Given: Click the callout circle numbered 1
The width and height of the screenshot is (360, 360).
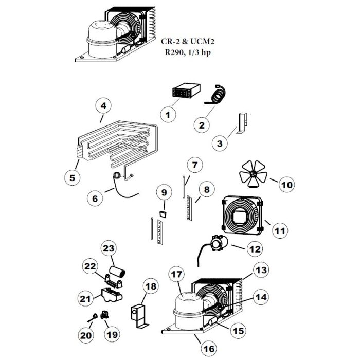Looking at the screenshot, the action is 168,115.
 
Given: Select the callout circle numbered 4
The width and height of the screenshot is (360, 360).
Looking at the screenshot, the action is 103,106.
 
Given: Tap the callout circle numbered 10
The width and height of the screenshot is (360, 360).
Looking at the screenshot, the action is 287,184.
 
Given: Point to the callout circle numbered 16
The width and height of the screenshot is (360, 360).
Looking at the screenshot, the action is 209,349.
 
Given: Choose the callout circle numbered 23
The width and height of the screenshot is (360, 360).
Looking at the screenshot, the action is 109,248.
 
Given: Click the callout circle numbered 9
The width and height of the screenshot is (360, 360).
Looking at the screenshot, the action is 164,192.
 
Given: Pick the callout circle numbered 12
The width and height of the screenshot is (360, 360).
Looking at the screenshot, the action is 255,249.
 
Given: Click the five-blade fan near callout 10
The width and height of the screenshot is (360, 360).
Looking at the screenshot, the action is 253,174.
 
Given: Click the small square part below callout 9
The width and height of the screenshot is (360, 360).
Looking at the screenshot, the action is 163,214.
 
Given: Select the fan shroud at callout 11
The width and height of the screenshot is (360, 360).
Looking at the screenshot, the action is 242,215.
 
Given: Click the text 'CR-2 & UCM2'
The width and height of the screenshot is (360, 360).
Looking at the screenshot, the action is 188,42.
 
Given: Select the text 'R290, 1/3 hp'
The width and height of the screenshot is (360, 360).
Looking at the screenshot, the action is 188,52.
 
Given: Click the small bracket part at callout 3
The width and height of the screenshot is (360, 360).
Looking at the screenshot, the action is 242,123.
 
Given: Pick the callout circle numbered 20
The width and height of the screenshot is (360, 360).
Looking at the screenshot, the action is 86,335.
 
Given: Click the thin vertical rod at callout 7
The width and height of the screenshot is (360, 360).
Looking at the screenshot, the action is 184,187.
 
